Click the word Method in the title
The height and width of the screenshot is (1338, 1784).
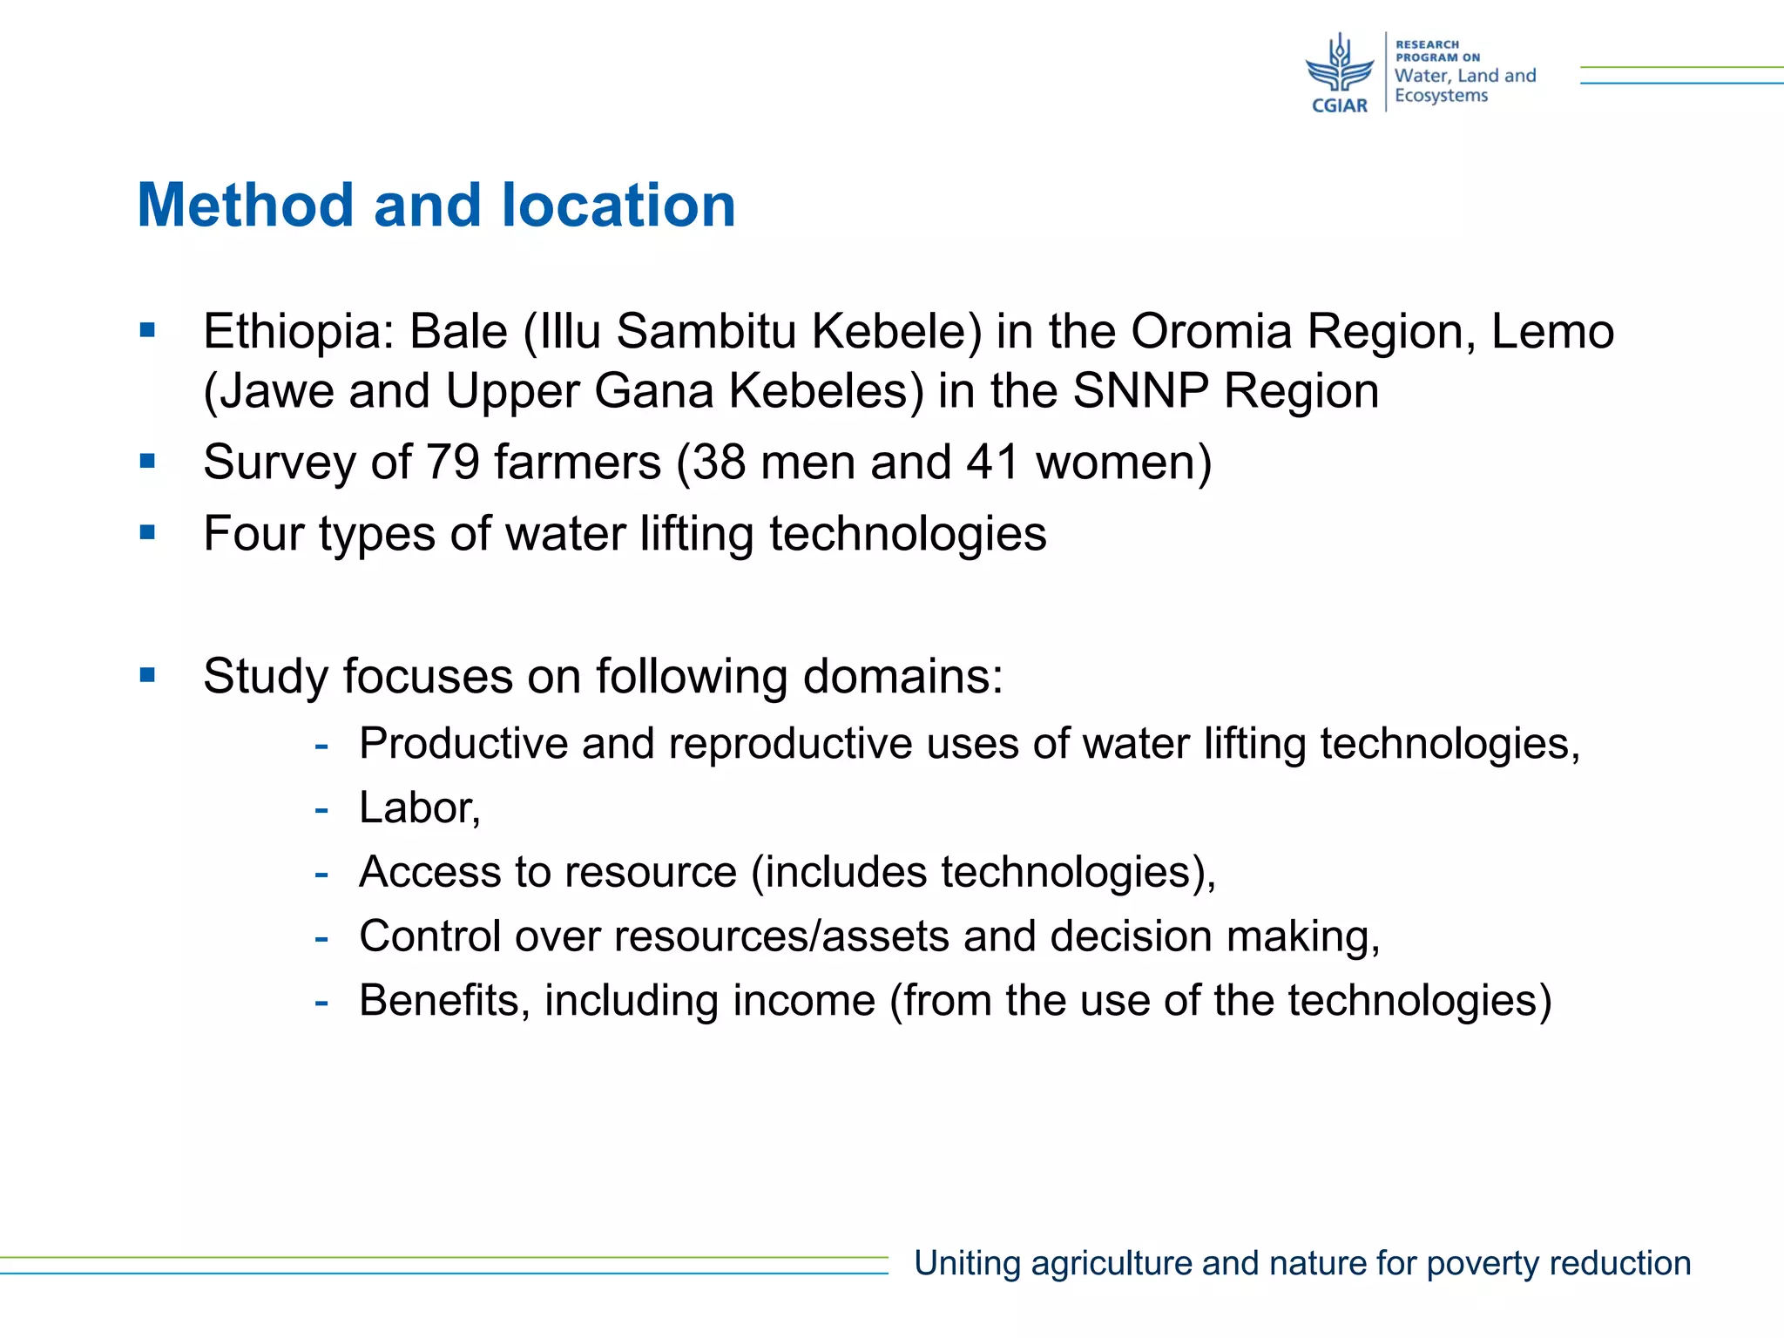245,206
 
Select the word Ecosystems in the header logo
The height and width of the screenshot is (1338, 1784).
1441,96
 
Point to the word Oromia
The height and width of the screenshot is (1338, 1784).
1211,332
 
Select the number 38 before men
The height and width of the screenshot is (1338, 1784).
719,462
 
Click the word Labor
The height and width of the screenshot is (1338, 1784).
418,808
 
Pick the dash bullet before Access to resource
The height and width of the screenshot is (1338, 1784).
321,872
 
